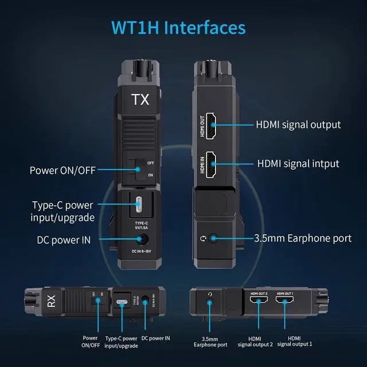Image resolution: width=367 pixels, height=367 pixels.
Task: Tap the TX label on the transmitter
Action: [140, 100]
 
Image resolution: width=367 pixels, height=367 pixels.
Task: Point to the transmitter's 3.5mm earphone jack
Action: [214, 238]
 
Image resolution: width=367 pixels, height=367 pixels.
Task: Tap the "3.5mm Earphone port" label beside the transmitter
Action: [303, 238]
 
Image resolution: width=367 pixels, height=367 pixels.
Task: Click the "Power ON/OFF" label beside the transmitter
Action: [63, 170]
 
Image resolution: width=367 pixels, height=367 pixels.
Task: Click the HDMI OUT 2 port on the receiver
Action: [259, 302]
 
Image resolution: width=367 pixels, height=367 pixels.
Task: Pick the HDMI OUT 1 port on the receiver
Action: [286, 302]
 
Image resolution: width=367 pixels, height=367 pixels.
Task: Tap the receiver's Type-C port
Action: [122, 302]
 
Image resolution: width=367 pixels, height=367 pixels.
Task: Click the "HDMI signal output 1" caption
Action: [295, 341]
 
